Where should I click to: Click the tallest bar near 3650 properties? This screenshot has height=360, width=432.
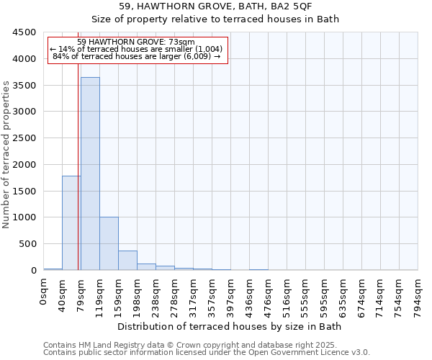coord(90,173)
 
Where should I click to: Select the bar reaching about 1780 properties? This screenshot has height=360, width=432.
coord(71,222)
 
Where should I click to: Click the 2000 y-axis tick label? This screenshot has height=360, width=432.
coord(24,164)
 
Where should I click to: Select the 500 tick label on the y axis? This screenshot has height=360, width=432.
coord(27,244)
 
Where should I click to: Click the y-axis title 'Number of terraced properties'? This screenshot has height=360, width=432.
coord(6,155)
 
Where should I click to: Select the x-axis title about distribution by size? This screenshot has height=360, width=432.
coord(230,326)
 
